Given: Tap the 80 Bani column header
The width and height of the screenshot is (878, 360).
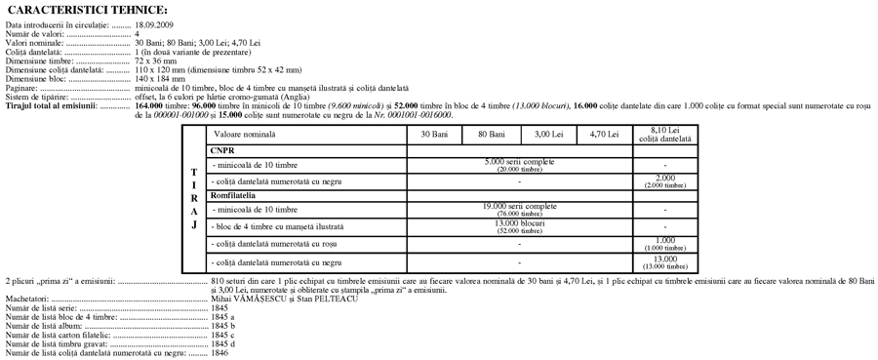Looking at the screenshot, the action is [492, 134].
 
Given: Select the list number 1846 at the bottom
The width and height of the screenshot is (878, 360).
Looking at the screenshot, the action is [219, 352].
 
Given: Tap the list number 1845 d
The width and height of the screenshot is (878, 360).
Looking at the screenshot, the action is [223, 343].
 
